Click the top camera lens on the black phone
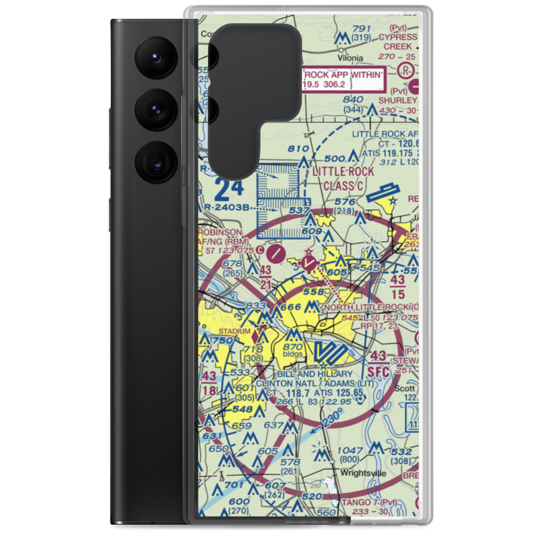154,56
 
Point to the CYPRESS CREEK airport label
398,42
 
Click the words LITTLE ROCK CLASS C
342,180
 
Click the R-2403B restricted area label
228,207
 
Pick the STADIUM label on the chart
234,331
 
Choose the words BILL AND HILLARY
314,374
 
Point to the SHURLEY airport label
398,101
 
